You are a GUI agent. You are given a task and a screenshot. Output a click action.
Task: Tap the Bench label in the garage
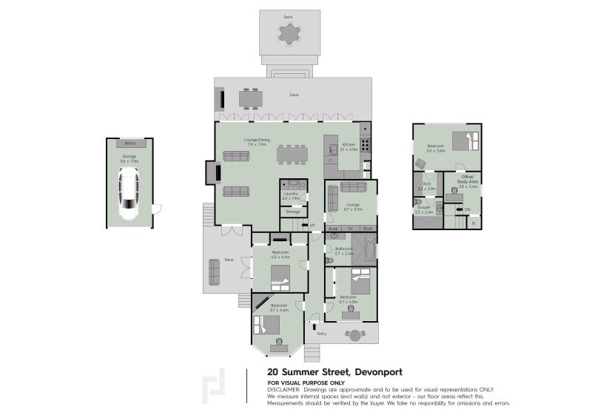pos(129,143)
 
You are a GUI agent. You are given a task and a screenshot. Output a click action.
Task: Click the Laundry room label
pos(290,194)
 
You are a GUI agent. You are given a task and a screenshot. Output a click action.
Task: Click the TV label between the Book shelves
pos(351,229)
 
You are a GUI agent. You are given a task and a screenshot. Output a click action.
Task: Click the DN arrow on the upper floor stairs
pos(466,209)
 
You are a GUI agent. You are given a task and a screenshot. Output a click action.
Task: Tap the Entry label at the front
pos(321,334)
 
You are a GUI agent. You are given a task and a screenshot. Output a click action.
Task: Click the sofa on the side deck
pos(215,272)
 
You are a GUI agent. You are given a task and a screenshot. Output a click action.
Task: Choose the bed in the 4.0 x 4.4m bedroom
pos(280,278)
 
